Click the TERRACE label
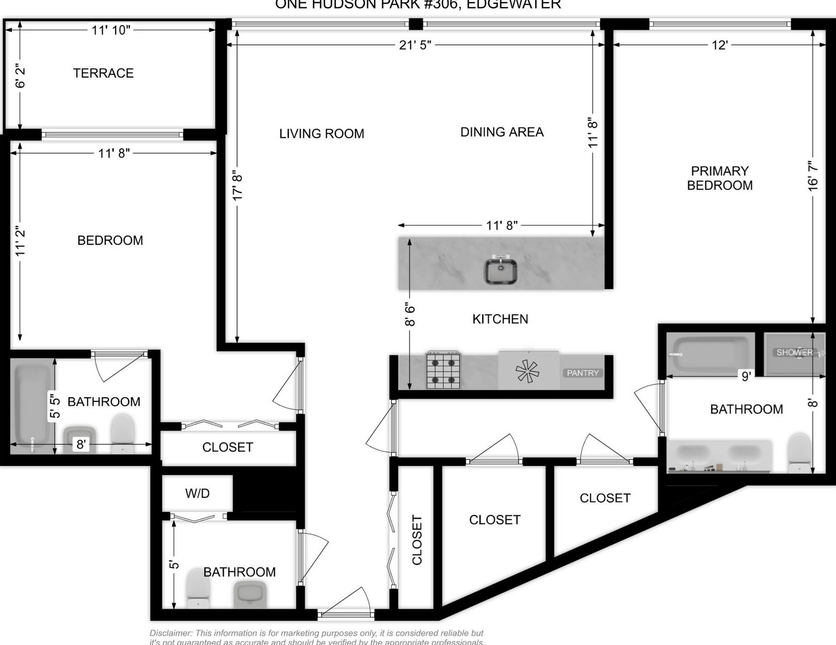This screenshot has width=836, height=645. pyautogui.click(x=103, y=73)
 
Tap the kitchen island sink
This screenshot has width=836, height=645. pyautogui.click(x=500, y=270)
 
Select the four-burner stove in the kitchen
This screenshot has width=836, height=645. pyautogui.click(x=443, y=370)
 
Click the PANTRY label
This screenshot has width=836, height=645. pyautogui.click(x=582, y=373)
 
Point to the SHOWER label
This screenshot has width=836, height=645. pyautogui.click(x=794, y=352)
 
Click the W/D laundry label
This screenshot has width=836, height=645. pyautogui.click(x=197, y=493)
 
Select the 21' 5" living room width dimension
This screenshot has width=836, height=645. pyautogui.click(x=415, y=45)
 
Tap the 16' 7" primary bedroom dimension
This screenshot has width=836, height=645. pyautogui.click(x=813, y=175)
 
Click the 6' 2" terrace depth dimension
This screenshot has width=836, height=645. pyautogui.click(x=20, y=76)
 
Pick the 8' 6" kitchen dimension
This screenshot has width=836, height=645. pyautogui.click(x=410, y=314)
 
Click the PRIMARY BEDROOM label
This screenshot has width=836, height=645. pyautogui.click(x=719, y=178)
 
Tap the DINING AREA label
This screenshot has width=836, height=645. pyautogui.click(x=502, y=132)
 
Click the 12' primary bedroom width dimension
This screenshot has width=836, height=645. pyautogui.click(x=719, y=45)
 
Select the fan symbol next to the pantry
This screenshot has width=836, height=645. pyautogui.click(x=527, y=371)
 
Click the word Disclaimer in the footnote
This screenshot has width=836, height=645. pyautogui.click(x=170, y=633)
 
